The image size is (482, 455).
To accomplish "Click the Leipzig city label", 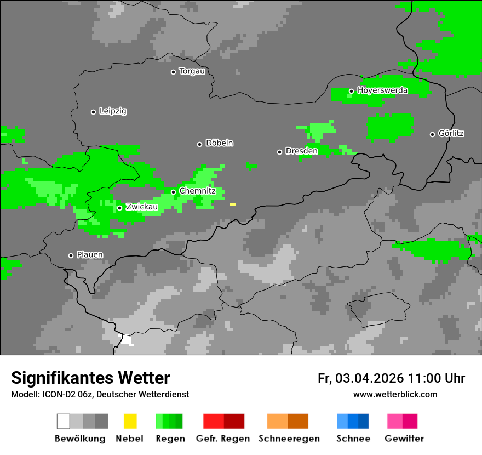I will click(113, 111).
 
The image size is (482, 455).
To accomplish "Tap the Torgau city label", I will click(192, 71).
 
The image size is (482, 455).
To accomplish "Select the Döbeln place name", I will click(219, 143).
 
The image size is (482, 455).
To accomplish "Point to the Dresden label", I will click(301, 151).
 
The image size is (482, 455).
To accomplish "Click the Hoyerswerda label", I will click(382, 90).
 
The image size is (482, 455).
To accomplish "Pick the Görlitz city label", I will click(451, 133).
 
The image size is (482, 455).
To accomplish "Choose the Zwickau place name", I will click(142, 207).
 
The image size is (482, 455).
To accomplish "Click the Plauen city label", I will click(90, 255).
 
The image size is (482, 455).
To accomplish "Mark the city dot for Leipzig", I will click(93, 112).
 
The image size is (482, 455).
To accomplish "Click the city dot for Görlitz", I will click(432, 134).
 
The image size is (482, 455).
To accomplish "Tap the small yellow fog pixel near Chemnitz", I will click(233, 204).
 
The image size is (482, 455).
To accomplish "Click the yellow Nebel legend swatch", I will click(130, 421).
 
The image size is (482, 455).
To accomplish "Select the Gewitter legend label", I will click(404, 439).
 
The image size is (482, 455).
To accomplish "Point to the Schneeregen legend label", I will click(289, 439).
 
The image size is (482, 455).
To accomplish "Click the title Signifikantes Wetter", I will click(90, 378).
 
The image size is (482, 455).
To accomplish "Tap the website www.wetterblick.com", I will click(395, 395).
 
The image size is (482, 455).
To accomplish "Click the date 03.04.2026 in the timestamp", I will click(370, 378).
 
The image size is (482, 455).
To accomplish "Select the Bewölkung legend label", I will click(80, 439).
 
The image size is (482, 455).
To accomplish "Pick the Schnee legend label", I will click(353, 439).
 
